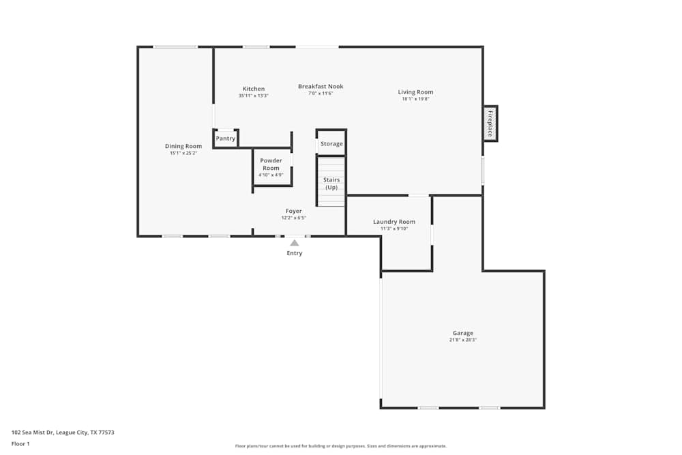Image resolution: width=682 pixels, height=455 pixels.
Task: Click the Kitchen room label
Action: click(x=253, y=89)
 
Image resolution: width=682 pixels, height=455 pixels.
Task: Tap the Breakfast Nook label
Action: click(x=321, y=87)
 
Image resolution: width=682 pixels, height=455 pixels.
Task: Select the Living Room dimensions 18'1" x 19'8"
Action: click(x=415, y=99)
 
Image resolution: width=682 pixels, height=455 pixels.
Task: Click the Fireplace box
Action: click(x=490, y=123)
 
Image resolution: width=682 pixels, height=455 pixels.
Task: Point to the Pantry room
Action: click(x=226, y=138)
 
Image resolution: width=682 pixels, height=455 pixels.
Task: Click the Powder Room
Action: click(x=271, y=164)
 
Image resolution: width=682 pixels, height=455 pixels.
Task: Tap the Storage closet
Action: click(x=332, y=144)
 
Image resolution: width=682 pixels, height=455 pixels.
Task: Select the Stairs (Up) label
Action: click(x=331, y=184)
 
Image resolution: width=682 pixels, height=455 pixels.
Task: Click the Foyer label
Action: click(x=293, y=211)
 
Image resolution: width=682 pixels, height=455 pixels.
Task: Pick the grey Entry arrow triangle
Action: click(x=294, y=242)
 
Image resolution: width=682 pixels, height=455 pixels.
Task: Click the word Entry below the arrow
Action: click(x=294, y=253)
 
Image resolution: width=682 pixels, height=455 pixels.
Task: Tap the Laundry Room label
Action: click(x=394, y=222)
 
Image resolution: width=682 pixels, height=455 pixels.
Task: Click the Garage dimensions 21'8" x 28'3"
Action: click(x=462, y=340)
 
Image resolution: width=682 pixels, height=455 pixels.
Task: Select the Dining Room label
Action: click(x=183, y=146)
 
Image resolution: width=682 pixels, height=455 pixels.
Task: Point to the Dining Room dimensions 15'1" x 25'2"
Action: click(x=183, y=153)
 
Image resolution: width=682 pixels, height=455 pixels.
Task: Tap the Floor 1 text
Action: click(x=20, y=443)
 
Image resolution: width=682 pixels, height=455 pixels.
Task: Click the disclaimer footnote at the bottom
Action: click(x=341, y=446)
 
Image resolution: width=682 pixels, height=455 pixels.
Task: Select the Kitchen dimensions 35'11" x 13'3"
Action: click(x=253, y=96)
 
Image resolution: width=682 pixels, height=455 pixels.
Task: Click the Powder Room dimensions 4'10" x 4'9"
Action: click(x=271, y=175)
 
